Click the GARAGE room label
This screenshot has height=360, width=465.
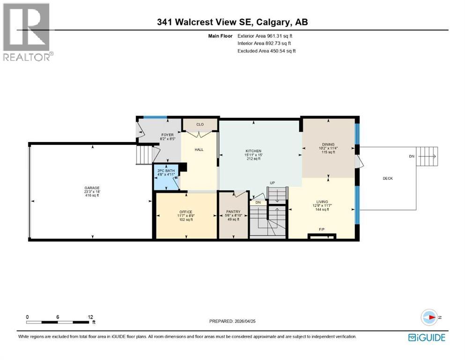point(89,188)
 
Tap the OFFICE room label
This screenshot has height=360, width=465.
point(186,212)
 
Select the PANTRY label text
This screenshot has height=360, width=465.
point(233,212)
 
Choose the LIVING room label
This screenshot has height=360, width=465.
point(322,202)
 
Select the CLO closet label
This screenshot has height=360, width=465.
point(200,125)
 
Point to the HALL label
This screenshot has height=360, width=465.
point(199,151)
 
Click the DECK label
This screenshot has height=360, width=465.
point(388,178)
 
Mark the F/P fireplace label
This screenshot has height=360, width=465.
point(322,230)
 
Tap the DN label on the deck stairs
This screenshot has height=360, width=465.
point(411,157)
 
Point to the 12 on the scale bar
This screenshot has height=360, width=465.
point(90,317)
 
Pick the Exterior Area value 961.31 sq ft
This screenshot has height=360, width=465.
point(280,36)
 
